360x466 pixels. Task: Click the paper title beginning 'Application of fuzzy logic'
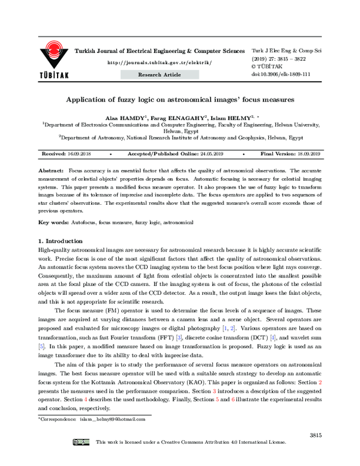point(179,101)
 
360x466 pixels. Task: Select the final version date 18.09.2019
point(306,154)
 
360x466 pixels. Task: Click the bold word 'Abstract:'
point(51,171)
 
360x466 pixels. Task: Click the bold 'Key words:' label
point(55,222)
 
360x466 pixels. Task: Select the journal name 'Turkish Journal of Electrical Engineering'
point(159,51)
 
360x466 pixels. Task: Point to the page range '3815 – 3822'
point(292,59)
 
